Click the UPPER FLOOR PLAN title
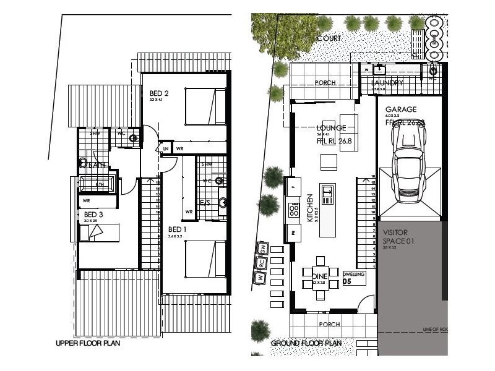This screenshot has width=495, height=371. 88,343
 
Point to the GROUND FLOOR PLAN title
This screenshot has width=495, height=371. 306,343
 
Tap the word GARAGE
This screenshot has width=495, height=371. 401,109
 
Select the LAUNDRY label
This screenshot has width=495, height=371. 387,83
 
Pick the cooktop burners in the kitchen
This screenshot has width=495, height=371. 293,214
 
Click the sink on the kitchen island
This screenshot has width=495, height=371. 327,193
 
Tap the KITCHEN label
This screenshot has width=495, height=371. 310,208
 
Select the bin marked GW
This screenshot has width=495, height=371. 263,248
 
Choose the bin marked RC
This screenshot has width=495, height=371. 262,262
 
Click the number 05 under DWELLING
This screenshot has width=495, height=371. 347,281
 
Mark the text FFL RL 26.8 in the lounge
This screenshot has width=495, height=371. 334,140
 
